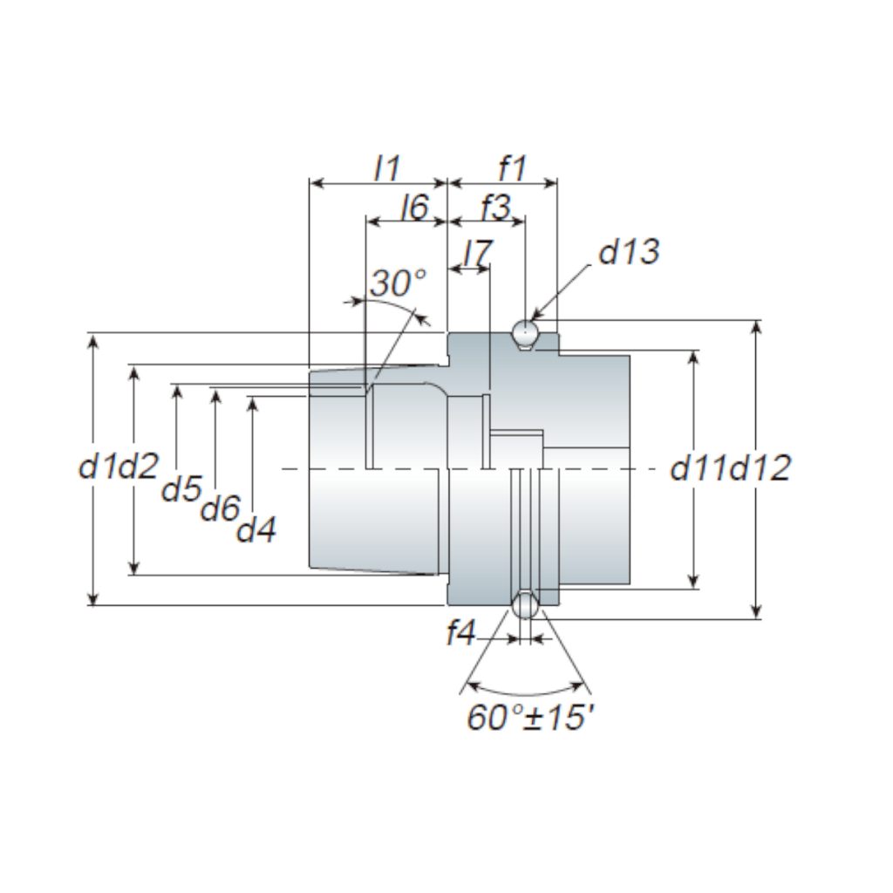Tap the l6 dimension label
[x=413, y=208]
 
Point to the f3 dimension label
[x=494, y=208]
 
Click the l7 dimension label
[x=477, y=252]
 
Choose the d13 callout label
[x=629, y=251]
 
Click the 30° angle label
[x=398, y=283]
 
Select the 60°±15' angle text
[x=531, y=717]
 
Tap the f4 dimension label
[x=460, y=634]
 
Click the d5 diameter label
[x=182, y=489]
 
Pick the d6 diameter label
[x=220, y=508]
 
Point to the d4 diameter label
[x=257, y=528]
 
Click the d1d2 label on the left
[x=119, y=467]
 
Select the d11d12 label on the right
[x=731, y=468]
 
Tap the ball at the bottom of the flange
[x=525, y=605]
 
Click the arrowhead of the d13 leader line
[x=536, y=317]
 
